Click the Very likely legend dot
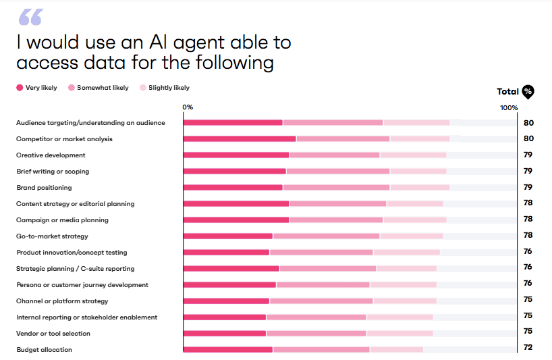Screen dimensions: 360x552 [20, 88]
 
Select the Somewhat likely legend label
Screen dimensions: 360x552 [103, 88]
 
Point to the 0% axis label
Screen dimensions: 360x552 [188, 107]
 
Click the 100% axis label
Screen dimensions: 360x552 [509, 107]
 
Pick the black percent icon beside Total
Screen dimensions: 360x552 [528, 92]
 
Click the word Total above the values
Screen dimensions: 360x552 [507, 91]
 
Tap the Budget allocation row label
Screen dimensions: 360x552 [44, 350]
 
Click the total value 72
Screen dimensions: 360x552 [528, 347]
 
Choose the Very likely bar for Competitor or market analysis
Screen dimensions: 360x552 [240, 138]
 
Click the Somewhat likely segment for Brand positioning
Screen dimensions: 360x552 [336, 187]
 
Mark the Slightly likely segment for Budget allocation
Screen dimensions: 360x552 [396, 349]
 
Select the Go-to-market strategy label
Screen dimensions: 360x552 [52, 236]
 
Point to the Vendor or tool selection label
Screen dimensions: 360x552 [53, 334]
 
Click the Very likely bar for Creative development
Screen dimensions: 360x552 [236, 155]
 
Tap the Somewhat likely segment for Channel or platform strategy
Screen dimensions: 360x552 [321, 301]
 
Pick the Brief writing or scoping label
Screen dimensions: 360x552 [53, 172]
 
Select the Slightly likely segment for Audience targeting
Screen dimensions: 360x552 [416, 122]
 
